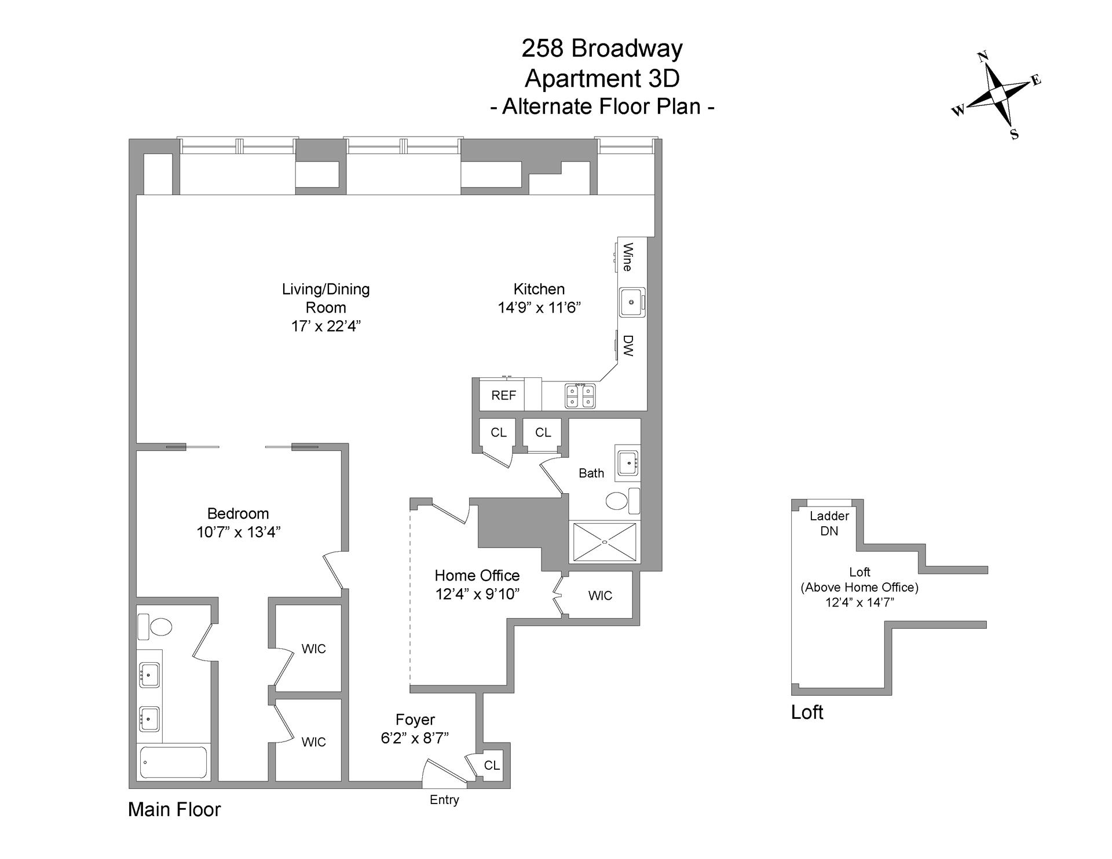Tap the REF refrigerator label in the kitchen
pyautogui.click(x=503, y=396)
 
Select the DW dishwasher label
pyautogui.click(x=628, y=346)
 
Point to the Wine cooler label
pyautogui.click(x=627, y=257)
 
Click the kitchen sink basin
pyautogui.click(x=631, y=302)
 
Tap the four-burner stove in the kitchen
pyautogui.click(x=580, y=396)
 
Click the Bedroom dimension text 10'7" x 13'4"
pyautogui.click(x=239, y=532)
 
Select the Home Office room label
pyautogui.click(x=477, y=575)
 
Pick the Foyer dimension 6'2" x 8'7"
pyautogui.click(x=415, y=737)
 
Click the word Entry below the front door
pyautogui.click(x=444, y=800)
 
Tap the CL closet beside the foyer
pyautogui.click(x=492, y=765)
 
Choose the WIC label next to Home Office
pyautogui.click(x=600, y=596)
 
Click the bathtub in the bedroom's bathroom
pyautogui.click(x=174, y=762)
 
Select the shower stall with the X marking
pyautogui.click(x=605, y=542)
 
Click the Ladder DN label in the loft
pyautogui.click(x=829, y=523)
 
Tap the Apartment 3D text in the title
pyautogui.click(x=602, y=78)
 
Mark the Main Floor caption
pyautogui.click(x=174, y=809)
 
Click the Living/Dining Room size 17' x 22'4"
pyautogui.click(x=325, y=326)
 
